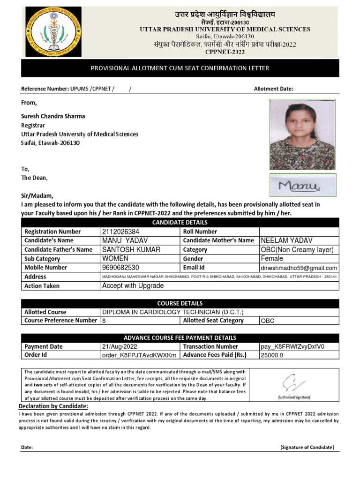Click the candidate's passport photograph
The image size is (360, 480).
point(302,135)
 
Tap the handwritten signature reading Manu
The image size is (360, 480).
point(302,186)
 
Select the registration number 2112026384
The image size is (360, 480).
point(120,232)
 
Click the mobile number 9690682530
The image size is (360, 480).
point(120,268)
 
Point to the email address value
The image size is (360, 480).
point(299,268)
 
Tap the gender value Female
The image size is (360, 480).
point(272,259)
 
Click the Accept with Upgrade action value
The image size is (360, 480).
point(133,286)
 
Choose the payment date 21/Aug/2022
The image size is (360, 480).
point(119,347)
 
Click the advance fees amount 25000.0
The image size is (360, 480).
point(272,356)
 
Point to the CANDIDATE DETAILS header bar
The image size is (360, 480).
point(180,222)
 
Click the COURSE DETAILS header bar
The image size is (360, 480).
point(180,303)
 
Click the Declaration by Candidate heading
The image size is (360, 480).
point(53,406)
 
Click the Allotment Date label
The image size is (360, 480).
point(273,89)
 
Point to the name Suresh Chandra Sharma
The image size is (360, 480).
point(53,116)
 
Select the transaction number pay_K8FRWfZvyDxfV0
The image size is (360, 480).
point(292,347)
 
